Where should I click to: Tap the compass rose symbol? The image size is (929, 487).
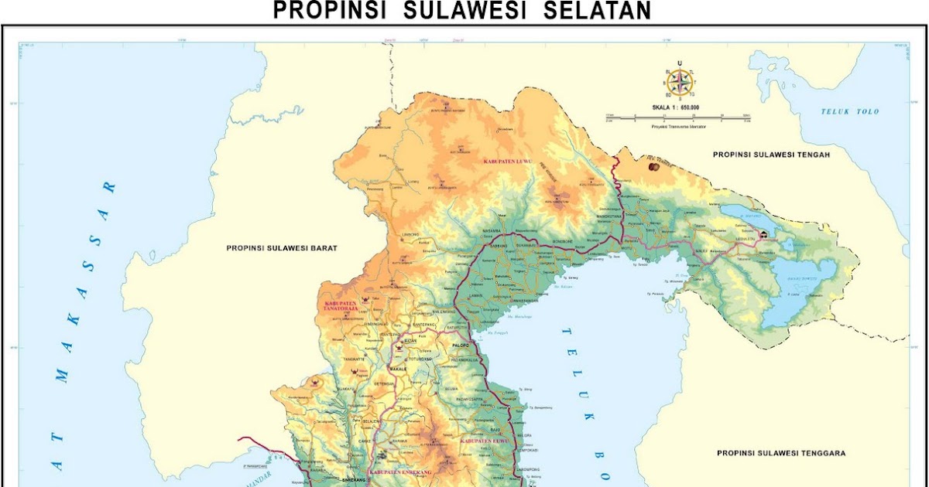[x=679, y=83]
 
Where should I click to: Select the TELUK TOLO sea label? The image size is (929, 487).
[x=850, y=112]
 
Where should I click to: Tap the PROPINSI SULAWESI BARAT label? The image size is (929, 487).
[x=283, y=248]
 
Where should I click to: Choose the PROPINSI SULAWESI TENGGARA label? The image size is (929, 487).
[x=780, y=453]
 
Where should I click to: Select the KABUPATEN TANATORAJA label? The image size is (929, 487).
[x=341, y=305]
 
